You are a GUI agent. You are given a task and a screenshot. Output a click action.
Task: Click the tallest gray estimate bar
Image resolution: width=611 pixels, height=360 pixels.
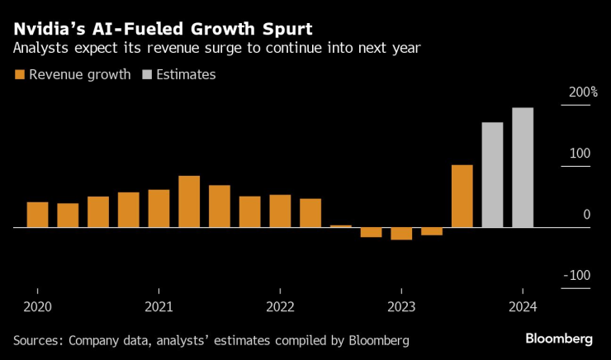pos(523,168)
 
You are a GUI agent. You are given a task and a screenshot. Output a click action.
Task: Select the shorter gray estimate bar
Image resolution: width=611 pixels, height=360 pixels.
pos(492,175)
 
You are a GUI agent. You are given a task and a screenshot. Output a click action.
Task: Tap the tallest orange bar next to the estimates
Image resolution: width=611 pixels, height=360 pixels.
pos(462,197)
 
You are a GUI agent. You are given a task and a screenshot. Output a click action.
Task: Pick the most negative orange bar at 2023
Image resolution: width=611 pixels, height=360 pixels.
pos(401,234)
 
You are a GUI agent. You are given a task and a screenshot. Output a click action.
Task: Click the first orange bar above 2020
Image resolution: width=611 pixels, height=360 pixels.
pos(38,215)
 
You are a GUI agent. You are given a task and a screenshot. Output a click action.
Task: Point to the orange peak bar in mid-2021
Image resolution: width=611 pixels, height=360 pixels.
pos(189,201)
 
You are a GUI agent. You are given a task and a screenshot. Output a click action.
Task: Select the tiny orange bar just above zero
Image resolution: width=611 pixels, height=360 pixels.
pos(341,226)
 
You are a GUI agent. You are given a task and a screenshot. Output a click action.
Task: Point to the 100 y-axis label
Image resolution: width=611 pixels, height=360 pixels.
pos(580,153)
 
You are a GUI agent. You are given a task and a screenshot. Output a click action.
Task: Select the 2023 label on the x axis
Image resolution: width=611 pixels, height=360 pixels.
pos(400,307)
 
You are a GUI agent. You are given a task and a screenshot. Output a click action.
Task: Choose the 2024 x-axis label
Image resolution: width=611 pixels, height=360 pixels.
pos(522,307)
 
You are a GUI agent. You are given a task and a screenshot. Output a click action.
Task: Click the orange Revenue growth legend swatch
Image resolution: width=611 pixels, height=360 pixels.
pos(19,75)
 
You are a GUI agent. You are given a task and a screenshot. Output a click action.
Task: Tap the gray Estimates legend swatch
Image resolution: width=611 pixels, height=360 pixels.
pos(148,75)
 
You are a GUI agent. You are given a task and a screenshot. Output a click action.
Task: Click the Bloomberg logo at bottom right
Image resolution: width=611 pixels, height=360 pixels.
pos(559,339)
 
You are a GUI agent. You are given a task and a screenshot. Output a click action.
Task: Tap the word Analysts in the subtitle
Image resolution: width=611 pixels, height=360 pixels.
pos(40,49)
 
